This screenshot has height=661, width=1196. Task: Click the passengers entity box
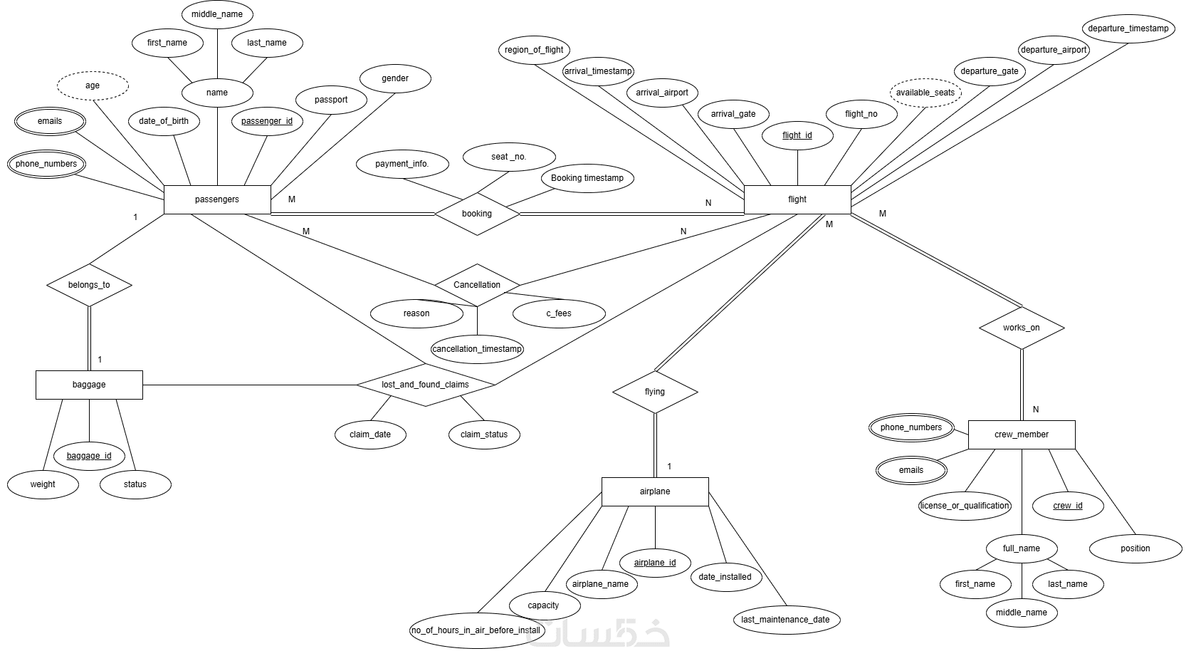tap(217, 199)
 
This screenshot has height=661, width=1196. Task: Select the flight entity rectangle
tap(797, 199)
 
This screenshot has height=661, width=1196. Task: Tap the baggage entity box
tap(89, 385)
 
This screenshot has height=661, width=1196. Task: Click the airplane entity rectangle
tap(655, 491)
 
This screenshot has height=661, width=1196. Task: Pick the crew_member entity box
tap(1022, 434)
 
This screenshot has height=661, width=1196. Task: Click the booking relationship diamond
tap(477, 214)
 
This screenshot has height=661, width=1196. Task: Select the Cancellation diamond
tap(477, 285)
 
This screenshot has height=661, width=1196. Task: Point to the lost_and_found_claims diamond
tap(426, 385)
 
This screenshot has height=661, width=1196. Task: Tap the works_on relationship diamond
tap(1022, 328)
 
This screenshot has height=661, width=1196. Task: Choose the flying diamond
tap(655, 392)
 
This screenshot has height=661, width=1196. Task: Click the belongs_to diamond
tap(89, 285)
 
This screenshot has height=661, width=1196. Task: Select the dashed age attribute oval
tap(93, 85)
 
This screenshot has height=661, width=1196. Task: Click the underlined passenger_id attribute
tap(267, 121)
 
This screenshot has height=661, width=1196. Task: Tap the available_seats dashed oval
tap(925, 93)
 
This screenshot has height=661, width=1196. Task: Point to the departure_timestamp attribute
tap(1128, 28)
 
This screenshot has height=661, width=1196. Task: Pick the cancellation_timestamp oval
tap(477, 349)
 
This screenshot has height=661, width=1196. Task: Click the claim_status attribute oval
tap(484, 434)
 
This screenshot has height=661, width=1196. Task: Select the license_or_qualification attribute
tap(965, 506)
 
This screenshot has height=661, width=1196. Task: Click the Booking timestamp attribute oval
tap(587, 178)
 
